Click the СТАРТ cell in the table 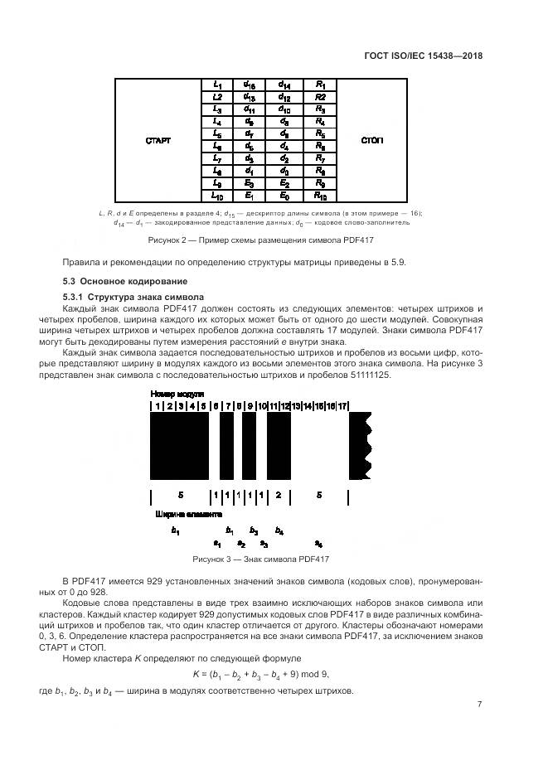(158, 140)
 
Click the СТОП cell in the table (371, 140)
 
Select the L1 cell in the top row (216, 85)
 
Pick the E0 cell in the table (284, 196)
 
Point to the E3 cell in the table (249, 183)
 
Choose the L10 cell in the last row (216, 196)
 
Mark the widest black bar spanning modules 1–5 (179, 446)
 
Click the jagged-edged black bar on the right (360, 446)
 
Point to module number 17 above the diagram (342, 406)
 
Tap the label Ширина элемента (189, 514)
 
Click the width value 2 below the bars (279, 495)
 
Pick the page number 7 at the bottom (480, 705)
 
